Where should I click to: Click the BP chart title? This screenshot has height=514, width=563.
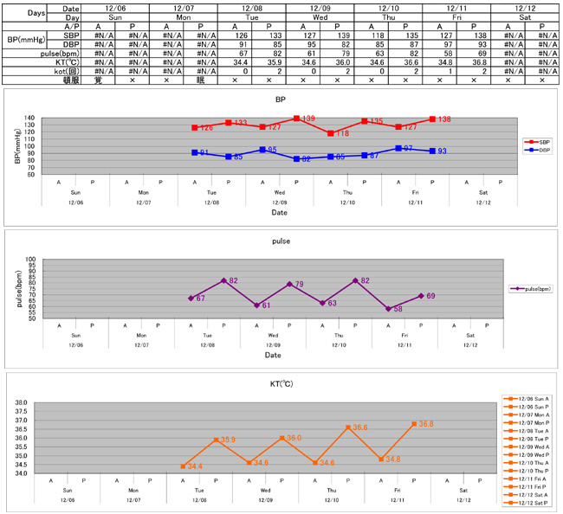click(280, 100)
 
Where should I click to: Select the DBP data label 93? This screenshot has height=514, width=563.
click(441, 151)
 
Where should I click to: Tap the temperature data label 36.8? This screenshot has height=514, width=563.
click(426, 424)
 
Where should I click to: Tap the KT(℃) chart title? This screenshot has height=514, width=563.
click(280, 382)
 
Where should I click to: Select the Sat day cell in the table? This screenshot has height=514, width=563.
click(523, 16)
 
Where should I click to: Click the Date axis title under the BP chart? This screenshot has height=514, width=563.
click(280, 211)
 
